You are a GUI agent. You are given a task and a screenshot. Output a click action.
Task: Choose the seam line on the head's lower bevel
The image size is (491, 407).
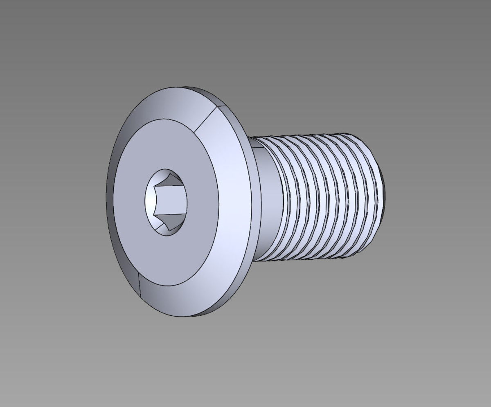tap(140, 284)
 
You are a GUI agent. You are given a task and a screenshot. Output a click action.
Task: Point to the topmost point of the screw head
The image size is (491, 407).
tap(180, 87)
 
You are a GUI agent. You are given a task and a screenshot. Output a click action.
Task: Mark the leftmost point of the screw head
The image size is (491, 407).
tap(106, 200)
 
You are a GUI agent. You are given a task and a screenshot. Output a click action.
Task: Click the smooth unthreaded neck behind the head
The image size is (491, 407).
tap(266, 205)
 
